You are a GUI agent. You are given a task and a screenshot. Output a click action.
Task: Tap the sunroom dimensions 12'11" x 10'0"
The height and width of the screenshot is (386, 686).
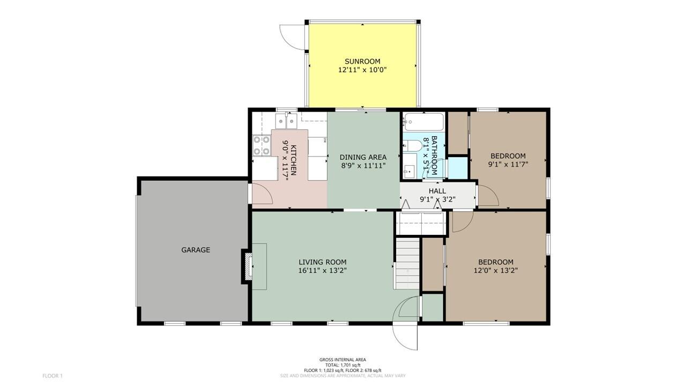pyautogui.click(x=362, y=70)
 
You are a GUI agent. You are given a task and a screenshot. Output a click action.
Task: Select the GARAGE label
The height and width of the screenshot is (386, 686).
pyautogui.click(x=196, y=250)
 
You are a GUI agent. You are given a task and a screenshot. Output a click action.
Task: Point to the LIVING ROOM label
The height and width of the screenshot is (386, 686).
pyautogui.click(x=323, y=262)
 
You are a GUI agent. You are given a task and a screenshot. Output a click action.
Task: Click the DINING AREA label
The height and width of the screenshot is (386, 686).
pyautogui.click(x=363, y=157)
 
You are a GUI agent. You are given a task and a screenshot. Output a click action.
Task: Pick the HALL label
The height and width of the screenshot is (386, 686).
pyautogui.click(x=437, y=191)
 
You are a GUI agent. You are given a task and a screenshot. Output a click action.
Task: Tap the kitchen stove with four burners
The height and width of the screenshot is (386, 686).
pyautogui.click(x=262, y=145)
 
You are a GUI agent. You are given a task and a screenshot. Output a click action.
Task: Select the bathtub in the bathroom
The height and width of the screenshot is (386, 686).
pyautogui.click(x=423, y=122)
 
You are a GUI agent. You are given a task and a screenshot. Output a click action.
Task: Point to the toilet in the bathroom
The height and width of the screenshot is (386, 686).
pyautogui.click(x=412, y=145)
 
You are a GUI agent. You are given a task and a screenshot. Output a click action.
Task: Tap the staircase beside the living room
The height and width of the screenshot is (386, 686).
pyautogui.click(x=407, y=263)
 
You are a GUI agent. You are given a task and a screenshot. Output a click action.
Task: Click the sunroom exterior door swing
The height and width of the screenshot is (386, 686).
pyautogui.click(x=293, y=37)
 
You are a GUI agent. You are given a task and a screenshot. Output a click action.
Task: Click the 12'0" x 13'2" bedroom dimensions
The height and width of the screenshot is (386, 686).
pyautogui.click(x=496, y=271)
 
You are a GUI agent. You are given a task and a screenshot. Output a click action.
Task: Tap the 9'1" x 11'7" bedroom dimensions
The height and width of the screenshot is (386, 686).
pyautogui.click(x=508, y=164)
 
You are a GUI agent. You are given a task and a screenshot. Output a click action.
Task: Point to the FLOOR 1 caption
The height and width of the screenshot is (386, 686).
pyautogui.click(x=53, y=376)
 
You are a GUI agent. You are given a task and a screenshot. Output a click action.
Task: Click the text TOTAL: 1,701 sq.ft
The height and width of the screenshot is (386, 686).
pyautogui.click(x=342, y=365)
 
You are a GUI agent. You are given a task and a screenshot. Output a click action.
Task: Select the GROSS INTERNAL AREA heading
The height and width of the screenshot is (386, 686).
pyautogui.click(x=342, y=360)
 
